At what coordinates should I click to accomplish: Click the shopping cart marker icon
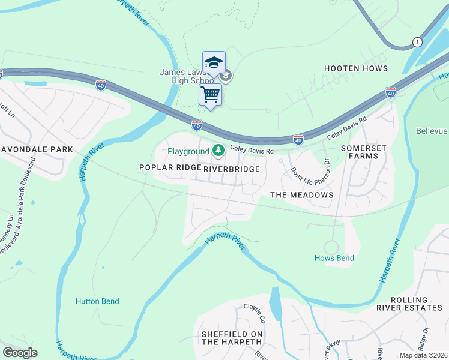(x=211, y=95)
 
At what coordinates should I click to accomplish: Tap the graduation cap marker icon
(x=214, y=62)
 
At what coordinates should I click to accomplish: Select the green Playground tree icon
(x=220, y=151)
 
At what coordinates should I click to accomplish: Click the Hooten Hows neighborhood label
(x=356, y=68)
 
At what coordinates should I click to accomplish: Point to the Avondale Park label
(x=37, y=149)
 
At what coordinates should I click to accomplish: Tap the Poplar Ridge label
(x=170, y=168)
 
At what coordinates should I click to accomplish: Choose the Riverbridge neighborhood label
(x=232, y=169)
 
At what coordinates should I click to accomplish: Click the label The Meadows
(x=301, y=195)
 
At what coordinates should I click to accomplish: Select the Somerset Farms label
(x=360, y=152)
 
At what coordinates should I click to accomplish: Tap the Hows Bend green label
(x=334, y=258)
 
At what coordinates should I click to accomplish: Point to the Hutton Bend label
(x=97, y=301)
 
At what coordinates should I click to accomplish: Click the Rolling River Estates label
(x=409, y=304)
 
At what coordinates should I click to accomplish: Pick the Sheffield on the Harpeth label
(x=232, y=338)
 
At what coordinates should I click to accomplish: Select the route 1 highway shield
(x=417, y=41)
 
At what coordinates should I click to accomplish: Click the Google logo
(x=20, y=353)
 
